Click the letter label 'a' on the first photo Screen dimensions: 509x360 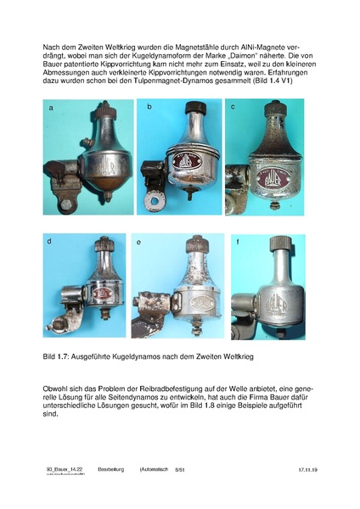tap(52, 109)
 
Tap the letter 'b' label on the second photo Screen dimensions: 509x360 tap(149, 108)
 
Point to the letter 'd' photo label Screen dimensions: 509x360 tap(50, 242)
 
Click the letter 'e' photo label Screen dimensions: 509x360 tap(138, 243)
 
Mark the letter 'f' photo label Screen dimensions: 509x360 tap(238, 243)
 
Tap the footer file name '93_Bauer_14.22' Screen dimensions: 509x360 tap(65, 468)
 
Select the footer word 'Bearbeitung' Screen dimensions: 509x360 tap(111, 468)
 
